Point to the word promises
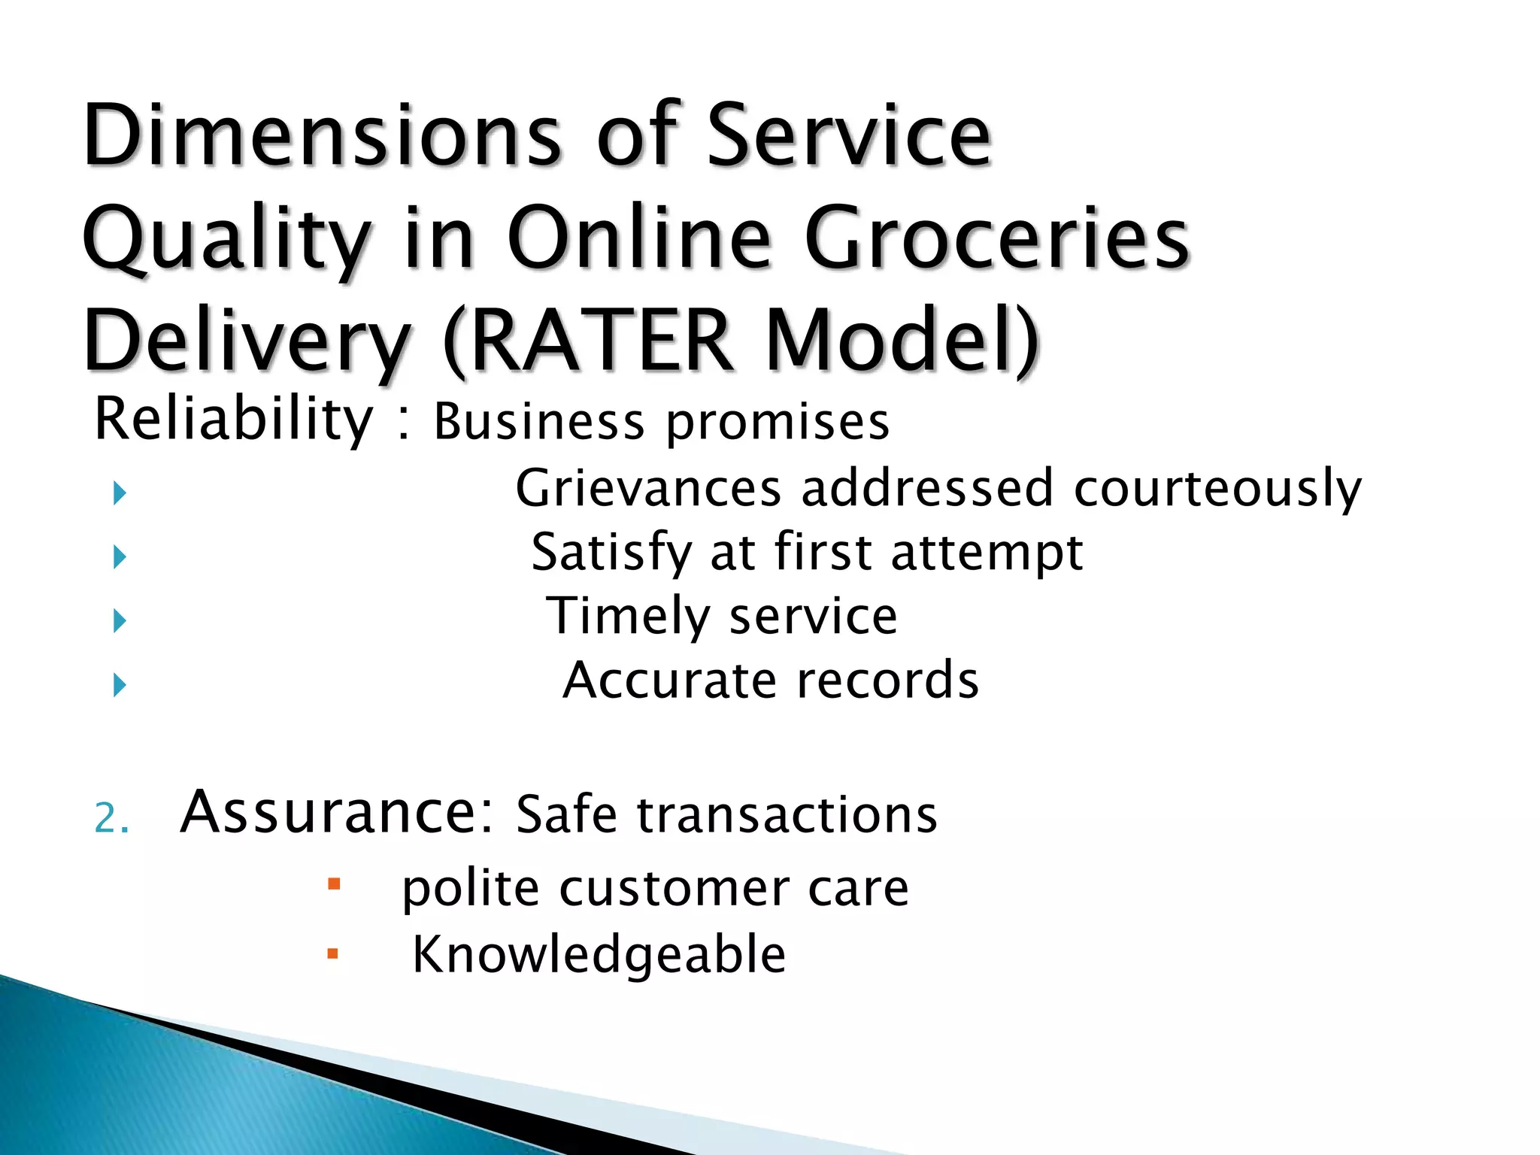778,423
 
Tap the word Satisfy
611,553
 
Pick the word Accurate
669,681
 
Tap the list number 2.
111,819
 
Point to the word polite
470,890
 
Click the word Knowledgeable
599,954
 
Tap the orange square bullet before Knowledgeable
333,954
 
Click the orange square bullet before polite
334,883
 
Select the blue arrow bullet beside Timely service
119,621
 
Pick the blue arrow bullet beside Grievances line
119,494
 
